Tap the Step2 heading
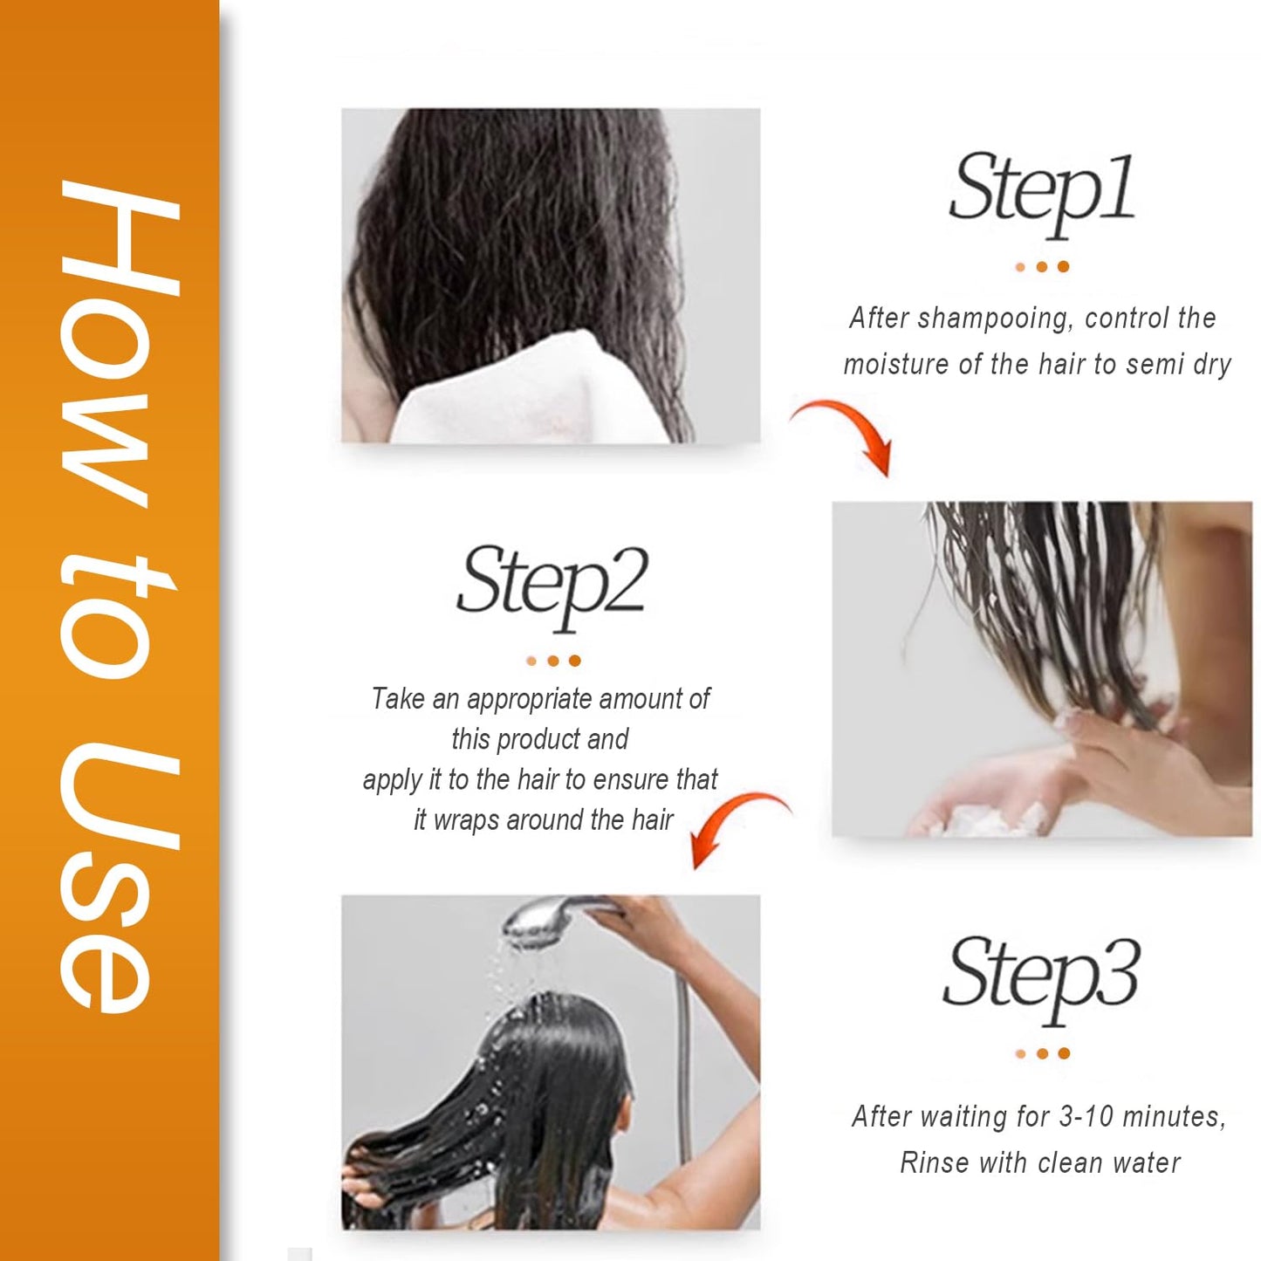(x=552, y=583)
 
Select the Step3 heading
(x=1041, y=976)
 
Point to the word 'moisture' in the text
(x=895, y=364)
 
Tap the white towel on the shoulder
(x=515, y=393)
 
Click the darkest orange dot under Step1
(x=1064, y=267)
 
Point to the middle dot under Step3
(x=1042, y=1054)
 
